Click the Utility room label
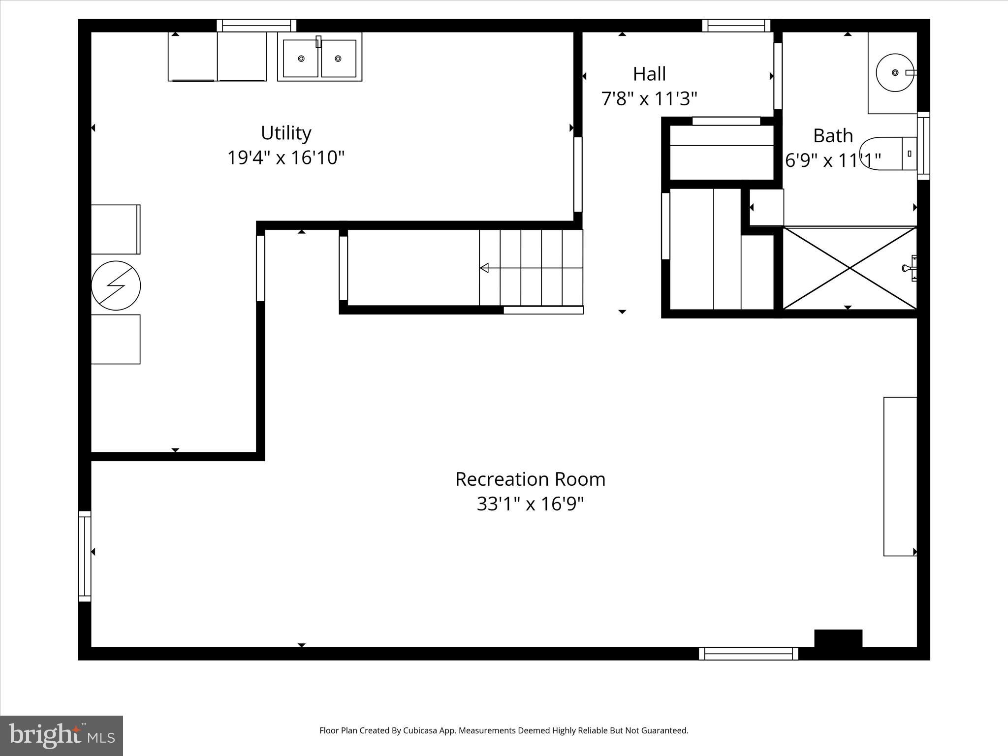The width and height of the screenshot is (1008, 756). coord(286,133)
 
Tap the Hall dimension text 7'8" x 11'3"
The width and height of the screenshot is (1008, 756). coord(649,99)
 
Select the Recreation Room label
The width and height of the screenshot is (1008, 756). coord(530,479)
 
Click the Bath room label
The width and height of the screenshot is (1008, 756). coord(833,135)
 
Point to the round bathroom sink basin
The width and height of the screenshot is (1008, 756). coord(895,72)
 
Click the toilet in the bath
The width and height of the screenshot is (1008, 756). coord(886,154)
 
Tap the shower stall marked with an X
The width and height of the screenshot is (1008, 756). coord(850,268)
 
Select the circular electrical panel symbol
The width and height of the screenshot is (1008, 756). coord(116,285)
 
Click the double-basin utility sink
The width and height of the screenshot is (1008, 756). coord(319,58)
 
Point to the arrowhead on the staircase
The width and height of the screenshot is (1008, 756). coord(484,268)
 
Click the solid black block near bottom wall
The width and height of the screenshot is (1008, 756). coord(838,638)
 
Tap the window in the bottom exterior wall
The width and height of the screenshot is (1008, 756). coord(748,654)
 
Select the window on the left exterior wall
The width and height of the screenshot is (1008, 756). coord(85,556)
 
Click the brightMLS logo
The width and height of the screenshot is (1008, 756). coord(62,735)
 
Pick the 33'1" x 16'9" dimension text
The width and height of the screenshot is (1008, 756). coord(530,504)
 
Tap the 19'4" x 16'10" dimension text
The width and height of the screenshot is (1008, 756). coord(286,158)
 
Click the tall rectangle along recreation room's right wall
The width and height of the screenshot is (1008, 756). coord(900,476)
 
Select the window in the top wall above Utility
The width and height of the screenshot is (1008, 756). coord(256,26)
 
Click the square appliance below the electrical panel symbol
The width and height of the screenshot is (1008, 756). coord(116,339)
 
